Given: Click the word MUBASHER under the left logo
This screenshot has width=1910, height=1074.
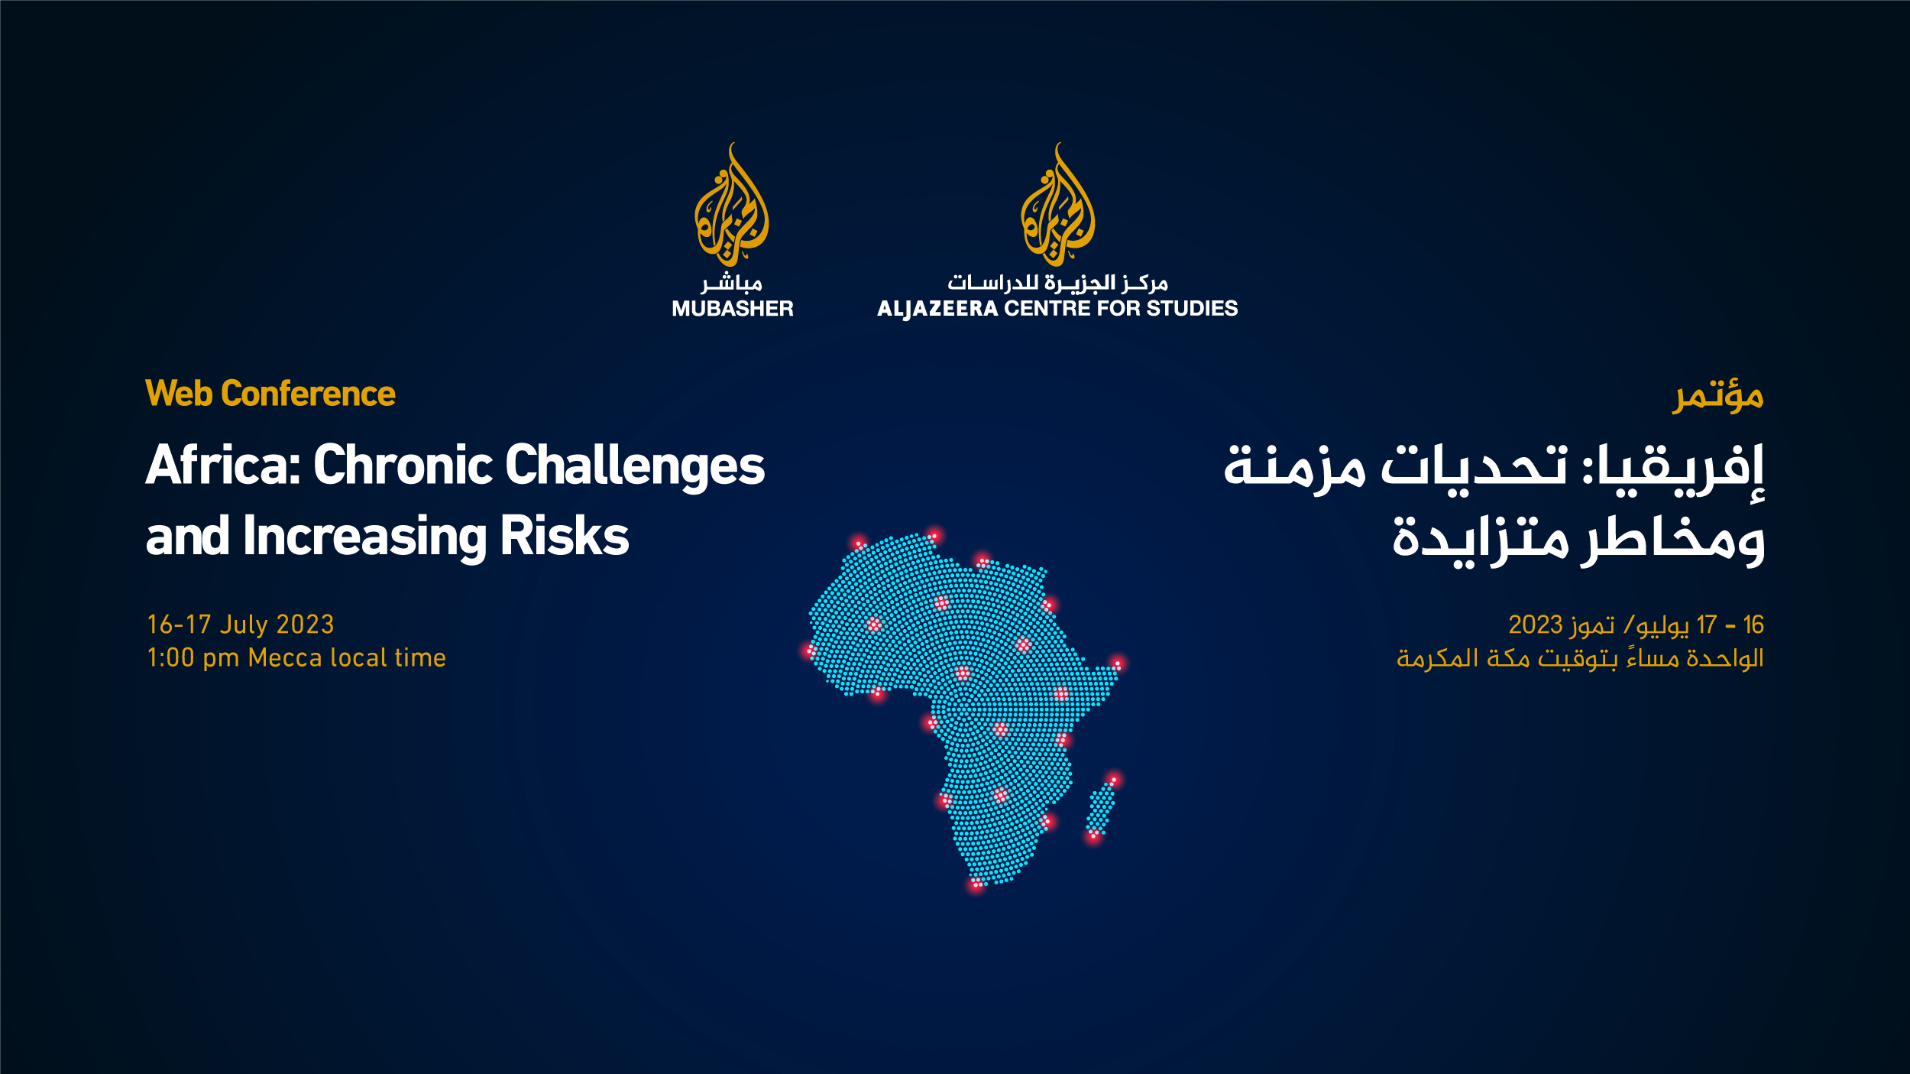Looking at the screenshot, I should [732, 309].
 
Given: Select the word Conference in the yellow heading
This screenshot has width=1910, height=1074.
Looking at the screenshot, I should [309, 394].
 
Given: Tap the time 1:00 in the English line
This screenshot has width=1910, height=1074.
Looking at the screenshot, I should [171, 658].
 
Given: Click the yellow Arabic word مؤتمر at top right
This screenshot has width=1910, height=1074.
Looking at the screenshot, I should [1717, 396].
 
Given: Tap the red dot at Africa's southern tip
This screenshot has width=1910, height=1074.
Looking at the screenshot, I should [976, 884].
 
